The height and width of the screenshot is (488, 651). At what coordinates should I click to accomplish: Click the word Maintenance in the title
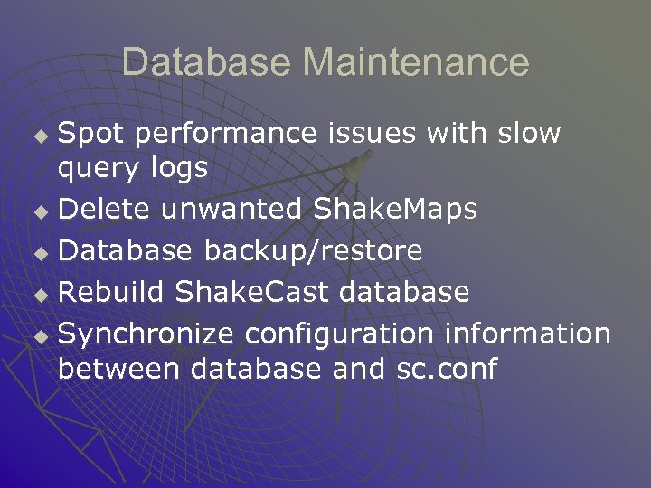[x=416, y=62]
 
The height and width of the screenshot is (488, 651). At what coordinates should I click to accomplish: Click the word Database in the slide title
[x=206, y=62]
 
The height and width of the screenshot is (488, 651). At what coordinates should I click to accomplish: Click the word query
[x=95, y=168]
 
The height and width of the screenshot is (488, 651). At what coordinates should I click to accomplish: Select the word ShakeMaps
[x=394, y=209]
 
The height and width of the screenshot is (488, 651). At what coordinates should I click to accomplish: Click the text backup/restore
[x=313, y=251]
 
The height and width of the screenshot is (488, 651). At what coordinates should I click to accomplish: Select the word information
[x=528, y=333]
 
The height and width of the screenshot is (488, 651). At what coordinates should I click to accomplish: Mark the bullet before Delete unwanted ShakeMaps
[x=38, y=212]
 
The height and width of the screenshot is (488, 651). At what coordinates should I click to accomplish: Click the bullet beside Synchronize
[x=38, y=337]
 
